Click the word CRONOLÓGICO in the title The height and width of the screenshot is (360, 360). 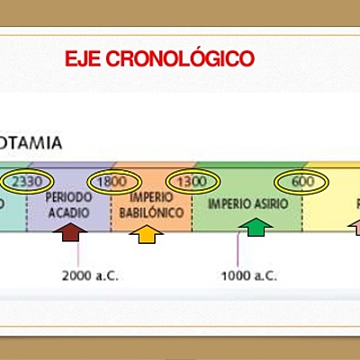pos(179,59)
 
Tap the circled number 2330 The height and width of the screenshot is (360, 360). pos(23,181)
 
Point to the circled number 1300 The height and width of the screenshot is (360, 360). pos(191,181)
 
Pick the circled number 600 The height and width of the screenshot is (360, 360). pos(302,181)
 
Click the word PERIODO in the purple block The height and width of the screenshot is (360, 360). pos(68,196)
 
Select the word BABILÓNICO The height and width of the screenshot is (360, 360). pos(151,212)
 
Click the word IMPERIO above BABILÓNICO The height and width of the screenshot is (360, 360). pos(151,198)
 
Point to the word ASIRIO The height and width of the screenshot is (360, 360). pos(270,204)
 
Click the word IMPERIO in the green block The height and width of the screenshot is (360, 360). pos(229,204)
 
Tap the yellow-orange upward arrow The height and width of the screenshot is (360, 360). pos(146,234)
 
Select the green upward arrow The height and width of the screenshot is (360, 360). pos(256,229)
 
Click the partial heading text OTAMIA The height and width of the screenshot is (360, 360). pos(31,142)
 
